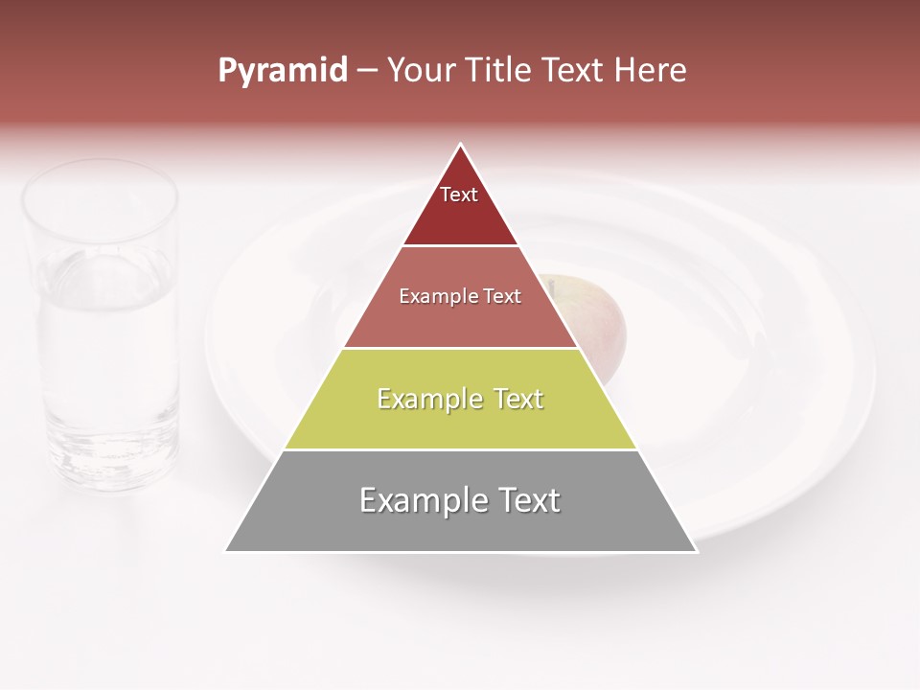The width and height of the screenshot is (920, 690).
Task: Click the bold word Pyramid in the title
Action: (x=282, y=71)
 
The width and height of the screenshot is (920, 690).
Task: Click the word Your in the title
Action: (x=423, y=71)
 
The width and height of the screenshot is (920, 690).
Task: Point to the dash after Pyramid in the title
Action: (x=366, y=71)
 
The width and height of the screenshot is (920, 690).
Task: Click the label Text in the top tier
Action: (x=459, y=195)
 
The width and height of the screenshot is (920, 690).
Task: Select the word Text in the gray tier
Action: (x=527, y=500)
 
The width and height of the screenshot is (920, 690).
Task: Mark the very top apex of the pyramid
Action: (x=461, y=146)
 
